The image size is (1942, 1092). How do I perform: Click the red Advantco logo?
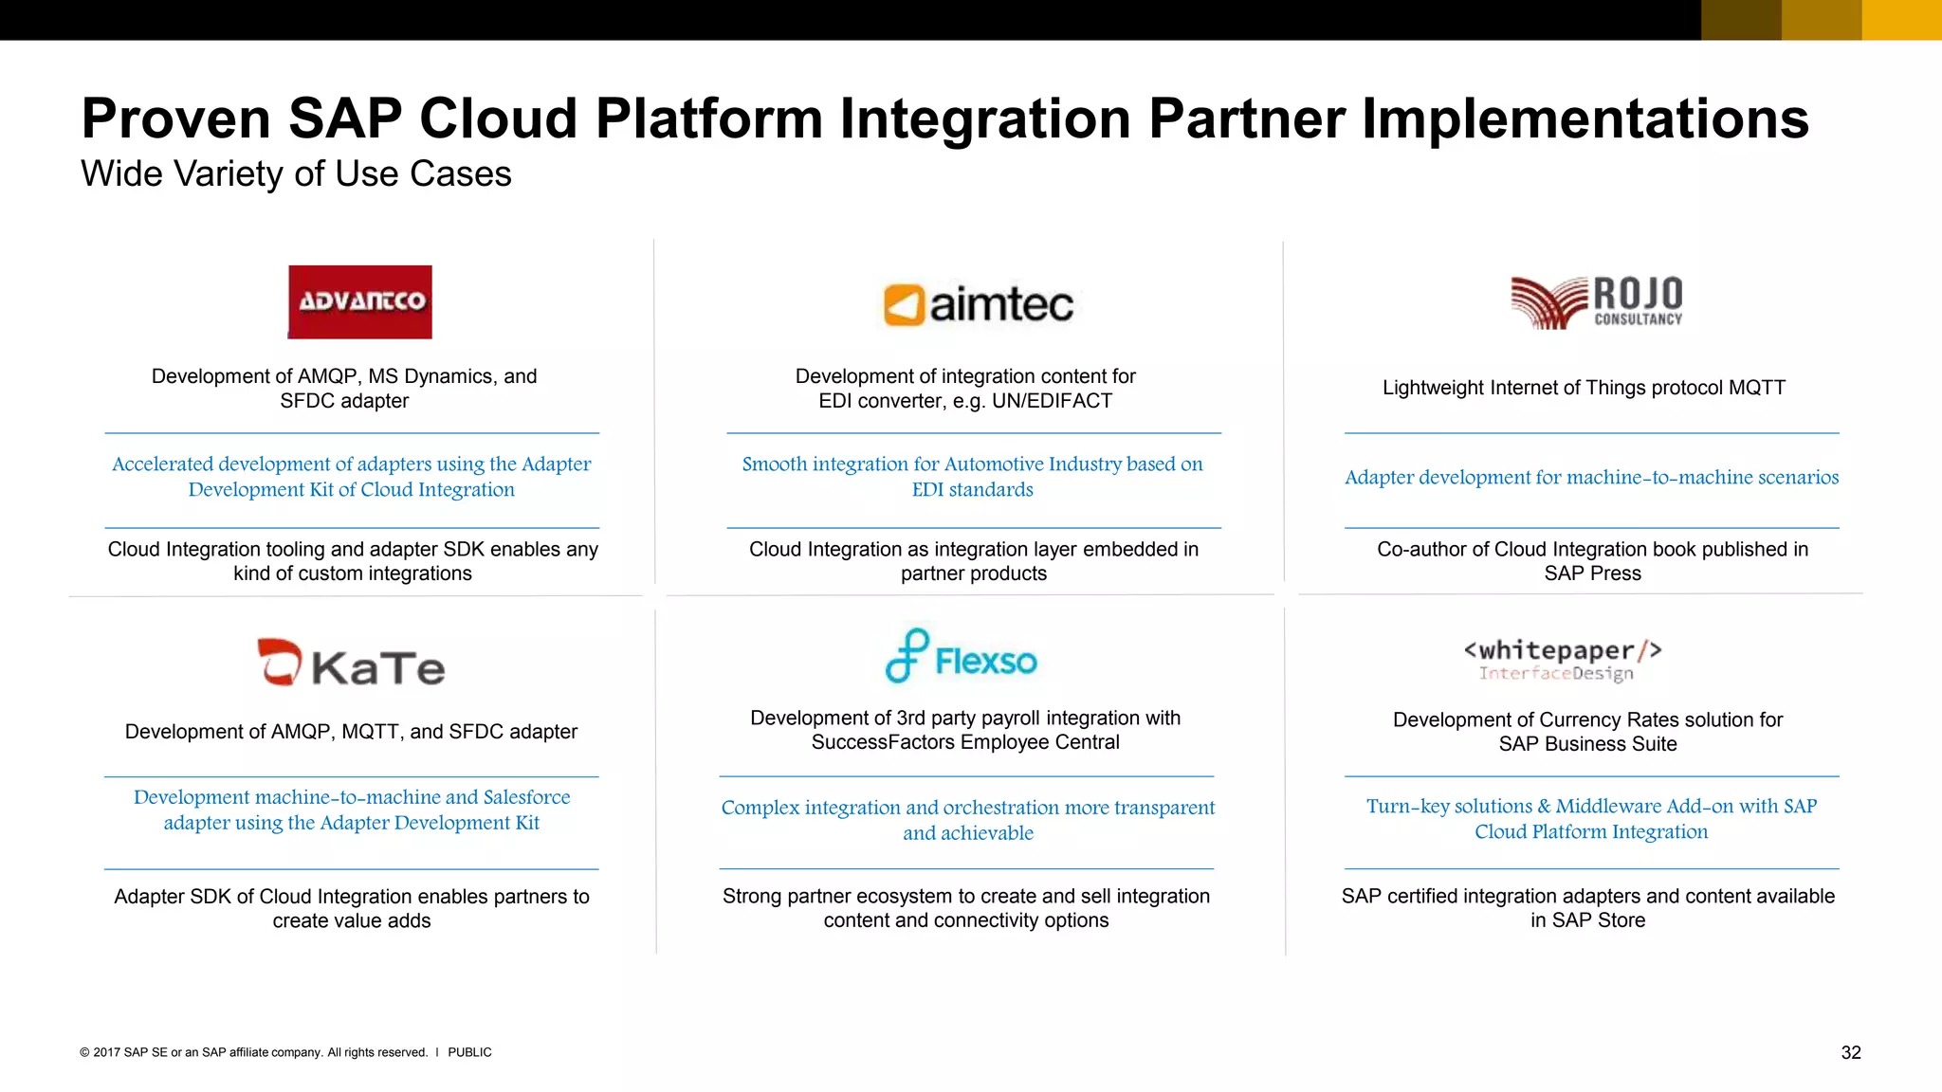[x=359, y=301]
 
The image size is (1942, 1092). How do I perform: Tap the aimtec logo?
[x=978, y=305]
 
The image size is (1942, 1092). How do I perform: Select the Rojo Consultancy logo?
[x=1596, y=302]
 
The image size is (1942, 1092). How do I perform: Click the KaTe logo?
[x=351, y=663]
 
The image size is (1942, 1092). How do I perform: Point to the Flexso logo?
[x=961, y=657]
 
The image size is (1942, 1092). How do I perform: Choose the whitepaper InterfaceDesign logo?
[x=1562, y=660]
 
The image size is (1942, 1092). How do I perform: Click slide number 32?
[x=1850, y=1052]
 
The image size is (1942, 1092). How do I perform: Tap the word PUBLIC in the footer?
[x=469, y=1052]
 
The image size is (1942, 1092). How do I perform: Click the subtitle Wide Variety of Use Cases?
[x=296, y=174]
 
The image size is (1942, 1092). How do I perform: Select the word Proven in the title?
[x=175, y=119]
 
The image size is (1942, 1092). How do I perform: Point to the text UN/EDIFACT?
[x=1052, y=401]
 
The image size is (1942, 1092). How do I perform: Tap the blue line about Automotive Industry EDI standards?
[x=972, y=477]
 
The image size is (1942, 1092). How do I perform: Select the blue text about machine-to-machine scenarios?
[x=1591, y=478]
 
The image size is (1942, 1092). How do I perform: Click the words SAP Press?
[x=1592, y=573]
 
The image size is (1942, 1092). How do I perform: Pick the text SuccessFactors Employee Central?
[x=964, y=742]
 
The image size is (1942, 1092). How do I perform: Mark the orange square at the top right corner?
[x=1901, y=19]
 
